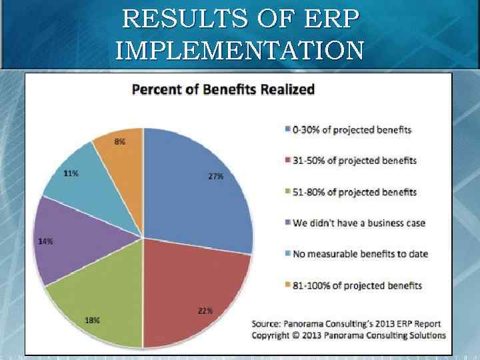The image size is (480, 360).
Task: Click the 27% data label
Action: tap(215, 177)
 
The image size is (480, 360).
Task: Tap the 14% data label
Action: tap(46, 241)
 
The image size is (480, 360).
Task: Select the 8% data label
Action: tap(119, 142)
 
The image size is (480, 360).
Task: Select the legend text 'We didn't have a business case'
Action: tap(359, 223)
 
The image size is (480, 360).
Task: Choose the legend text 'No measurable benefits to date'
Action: tap(360, 254)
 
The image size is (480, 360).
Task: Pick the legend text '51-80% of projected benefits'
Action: tap(355, 192)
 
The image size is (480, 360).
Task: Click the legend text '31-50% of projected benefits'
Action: tap(355, 161)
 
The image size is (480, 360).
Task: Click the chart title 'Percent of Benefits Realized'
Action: tap(223, 89)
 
